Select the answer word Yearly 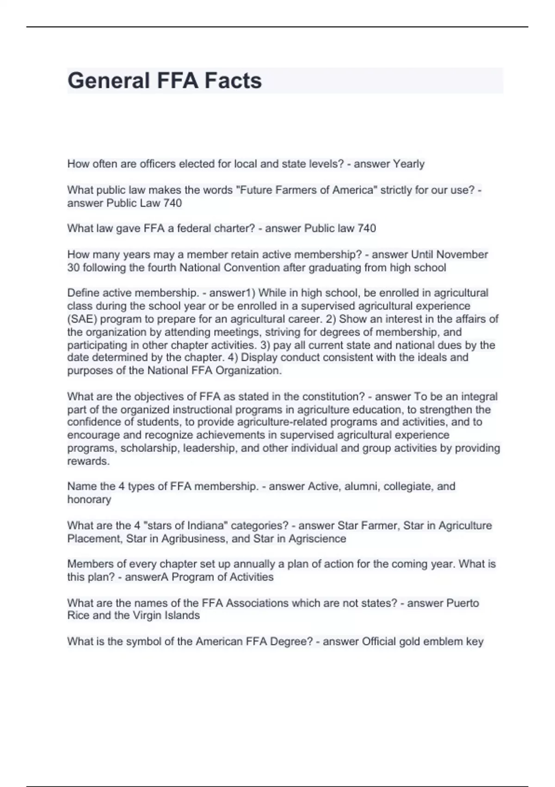click(x=408, y=164)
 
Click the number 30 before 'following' click(x=74, y=268)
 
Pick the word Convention click(x=252, y=268)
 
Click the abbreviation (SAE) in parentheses click(x=82, y=319)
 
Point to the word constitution click(x=332, y=397)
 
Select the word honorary click(x=89, y=500)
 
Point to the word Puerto click(x=462, y=603)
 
